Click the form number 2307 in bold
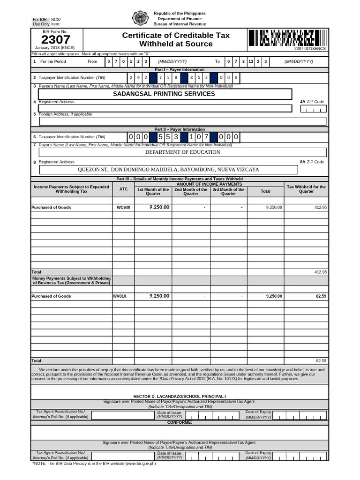pyautogui.click(x=55, y=40)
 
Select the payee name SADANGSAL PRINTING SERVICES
pyautogui.click(x=164, y=94)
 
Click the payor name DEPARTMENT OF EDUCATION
pyautogui.click(x=182, y=152)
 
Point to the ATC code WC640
pyautogui.click(x=123, y=207)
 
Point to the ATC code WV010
pyautogui.click(x=120, y=296)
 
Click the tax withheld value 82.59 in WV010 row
pyautogui.click(x=321, y=296)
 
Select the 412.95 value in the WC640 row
pyautogui.click(x=321, y=207)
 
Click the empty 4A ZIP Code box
pyautogui.click(x=313, y=109)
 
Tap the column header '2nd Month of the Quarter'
pyautogui.click(x=191, y=191)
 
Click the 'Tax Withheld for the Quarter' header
pyautogui.click(x=306, y=189)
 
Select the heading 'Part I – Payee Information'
pyautogui.click(x=180, y=69)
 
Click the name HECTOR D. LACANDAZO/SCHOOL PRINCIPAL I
pyautogui.click(x=180, y=396)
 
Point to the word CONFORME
pyautogui.click(x=180, y=422)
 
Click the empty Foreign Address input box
pyautogui.click(x=183, y=121)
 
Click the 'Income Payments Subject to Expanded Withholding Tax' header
pyautogui.click(x=71, y=189)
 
